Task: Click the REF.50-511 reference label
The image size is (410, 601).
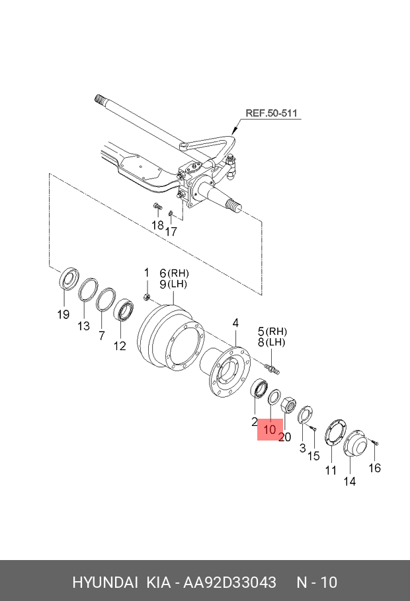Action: [x=271, y=114]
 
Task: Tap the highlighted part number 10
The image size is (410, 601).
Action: [x=269, y=430]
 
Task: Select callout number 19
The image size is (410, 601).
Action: [x=63, y=315]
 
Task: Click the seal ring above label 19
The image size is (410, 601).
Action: [x=68, y=279]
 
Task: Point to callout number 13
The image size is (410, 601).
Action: [x=83, y=326]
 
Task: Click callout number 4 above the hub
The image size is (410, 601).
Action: [x=235, y=323]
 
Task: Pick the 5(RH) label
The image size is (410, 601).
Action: [x=272, y=330]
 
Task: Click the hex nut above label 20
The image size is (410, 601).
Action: [x=288, y=405]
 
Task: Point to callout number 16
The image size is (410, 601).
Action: [x=374, y=468]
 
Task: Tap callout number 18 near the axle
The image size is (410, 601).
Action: [x=157, y=225]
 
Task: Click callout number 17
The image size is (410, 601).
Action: [x=171, y=232]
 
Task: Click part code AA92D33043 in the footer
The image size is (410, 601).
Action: [x=230, y=583]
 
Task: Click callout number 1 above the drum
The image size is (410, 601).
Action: [x=147, y=273]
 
